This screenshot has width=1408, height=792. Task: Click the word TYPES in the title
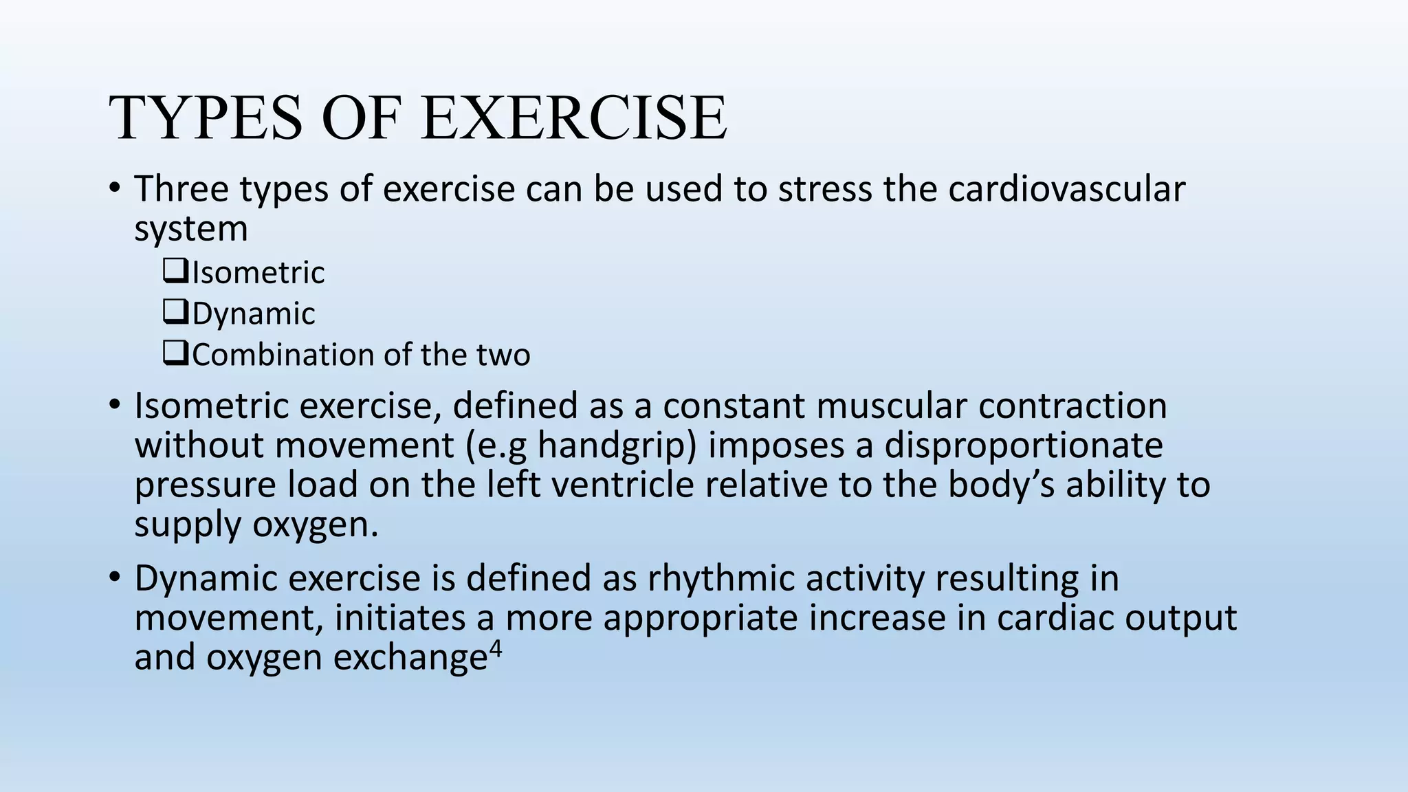(205, 118)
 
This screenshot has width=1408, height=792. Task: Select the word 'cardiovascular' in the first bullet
(1066, 189)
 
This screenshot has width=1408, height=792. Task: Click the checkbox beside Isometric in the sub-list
(175, 272)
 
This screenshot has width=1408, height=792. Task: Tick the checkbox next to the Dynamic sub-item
(175, 313)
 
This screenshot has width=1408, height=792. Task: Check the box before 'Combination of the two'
(175, 354)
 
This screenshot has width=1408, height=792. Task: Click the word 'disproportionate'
(1024, 445)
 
